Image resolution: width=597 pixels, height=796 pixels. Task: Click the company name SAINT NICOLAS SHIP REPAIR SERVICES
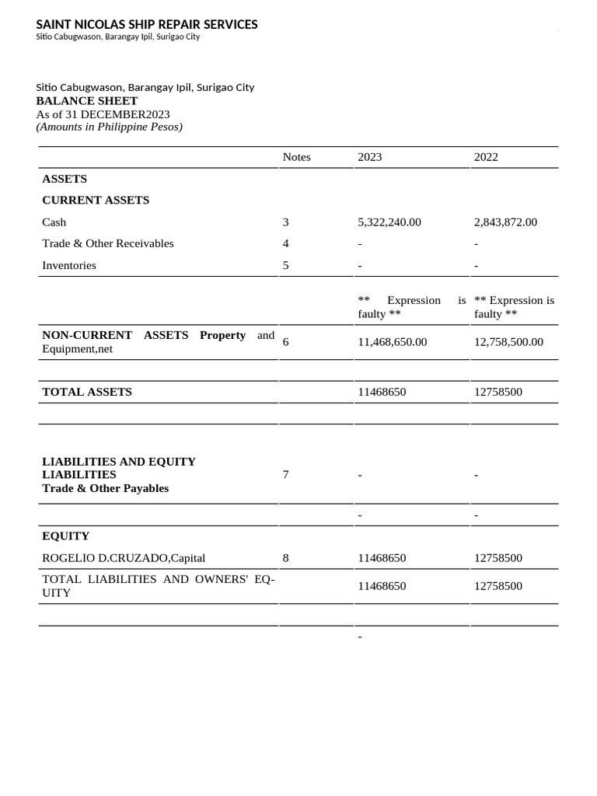tap(147, 25)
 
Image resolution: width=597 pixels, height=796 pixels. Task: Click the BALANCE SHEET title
tap(87, 101)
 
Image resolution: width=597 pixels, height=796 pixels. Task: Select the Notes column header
tap(296, 157)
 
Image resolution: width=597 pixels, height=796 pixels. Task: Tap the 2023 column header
tap(369, 157)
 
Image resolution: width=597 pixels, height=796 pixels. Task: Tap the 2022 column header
tap(486, 157)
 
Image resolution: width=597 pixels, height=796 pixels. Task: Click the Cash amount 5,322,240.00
tap(389, 222)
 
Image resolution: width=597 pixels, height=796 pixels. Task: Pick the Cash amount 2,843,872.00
tap(505, 222)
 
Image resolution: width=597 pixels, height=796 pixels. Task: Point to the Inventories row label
tap(69, 265)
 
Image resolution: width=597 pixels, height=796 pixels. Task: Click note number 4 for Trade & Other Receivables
tap(286, 243)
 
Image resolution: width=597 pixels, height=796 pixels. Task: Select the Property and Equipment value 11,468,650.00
tap(392, 342)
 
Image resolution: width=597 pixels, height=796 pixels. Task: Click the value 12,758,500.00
tap(508, 342)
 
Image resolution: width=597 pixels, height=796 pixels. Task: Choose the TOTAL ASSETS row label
tap(87, 392)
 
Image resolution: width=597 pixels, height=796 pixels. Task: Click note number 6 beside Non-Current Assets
tap(286, 342)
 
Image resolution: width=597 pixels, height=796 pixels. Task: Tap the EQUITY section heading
tap(66, 536)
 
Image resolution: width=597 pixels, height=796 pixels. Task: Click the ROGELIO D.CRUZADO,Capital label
tap(124, 558)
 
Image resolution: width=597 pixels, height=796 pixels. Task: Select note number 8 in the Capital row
tap(286, 558)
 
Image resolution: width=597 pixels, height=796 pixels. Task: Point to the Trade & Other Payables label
tap(105, 488)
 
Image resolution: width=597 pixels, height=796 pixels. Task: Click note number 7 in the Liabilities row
tap(286, 474)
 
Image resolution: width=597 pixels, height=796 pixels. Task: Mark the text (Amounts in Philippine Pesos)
tap(110, 127)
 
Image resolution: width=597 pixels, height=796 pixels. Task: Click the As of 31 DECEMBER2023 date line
tap(103, 114)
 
